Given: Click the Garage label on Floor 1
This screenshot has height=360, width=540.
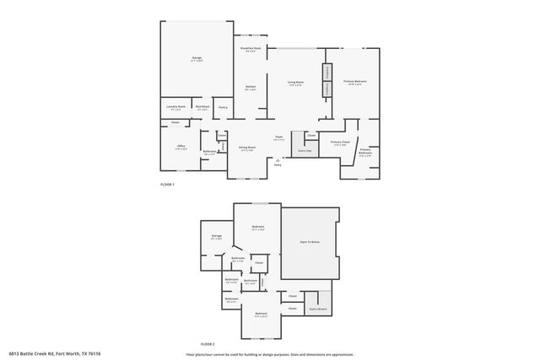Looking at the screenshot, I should [x=196, y=58].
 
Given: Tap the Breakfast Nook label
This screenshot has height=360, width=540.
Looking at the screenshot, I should [x=251, y=50].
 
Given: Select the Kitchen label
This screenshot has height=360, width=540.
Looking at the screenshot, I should [x=251, y=87].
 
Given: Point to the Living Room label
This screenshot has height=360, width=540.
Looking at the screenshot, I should [x=295, y=83].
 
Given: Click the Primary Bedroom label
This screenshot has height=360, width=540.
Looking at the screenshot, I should [x=354, y=82].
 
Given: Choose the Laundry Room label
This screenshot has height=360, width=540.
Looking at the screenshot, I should [x=175, y=107].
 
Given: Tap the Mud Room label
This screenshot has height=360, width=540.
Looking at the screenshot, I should [x=202, y=107].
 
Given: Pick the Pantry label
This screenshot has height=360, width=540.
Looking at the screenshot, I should [x=223, y=107].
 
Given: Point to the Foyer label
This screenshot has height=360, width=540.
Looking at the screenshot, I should [x=278, y=137].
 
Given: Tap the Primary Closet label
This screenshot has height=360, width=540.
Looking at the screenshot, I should [x=340, y=142].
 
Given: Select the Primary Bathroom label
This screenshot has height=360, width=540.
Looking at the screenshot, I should [x=365, y=152].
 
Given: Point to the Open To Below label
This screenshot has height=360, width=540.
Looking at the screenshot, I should [x=310, y=242].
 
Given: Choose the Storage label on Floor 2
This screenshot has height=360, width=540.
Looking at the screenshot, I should [x=217, y=236].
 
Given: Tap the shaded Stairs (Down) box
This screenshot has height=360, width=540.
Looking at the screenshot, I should [x=318, y=309].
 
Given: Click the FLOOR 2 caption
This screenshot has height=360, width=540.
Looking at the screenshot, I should [x=208, y=345].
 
